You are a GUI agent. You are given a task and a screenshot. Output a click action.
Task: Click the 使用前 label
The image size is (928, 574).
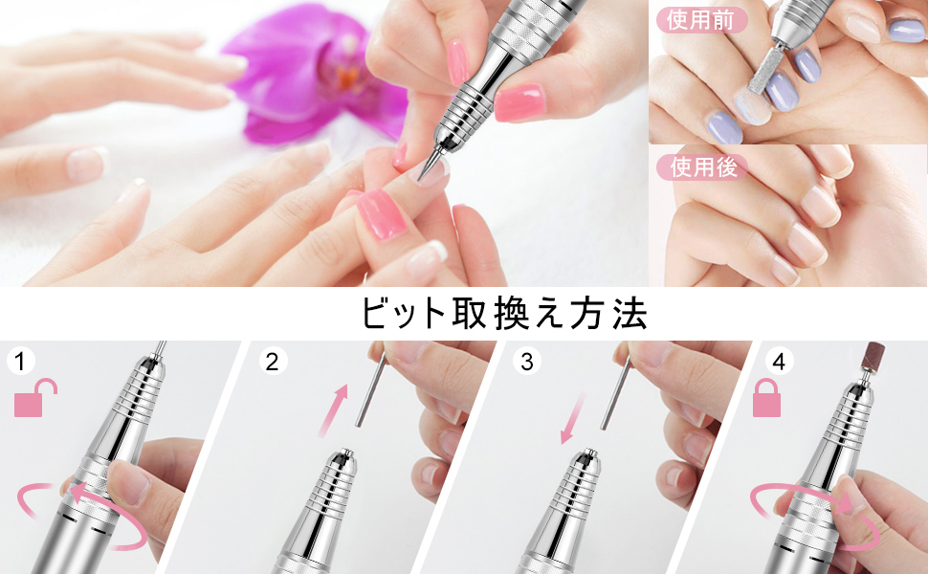point(701,20)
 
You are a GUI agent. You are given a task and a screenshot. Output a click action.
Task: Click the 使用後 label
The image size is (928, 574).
point(702,167)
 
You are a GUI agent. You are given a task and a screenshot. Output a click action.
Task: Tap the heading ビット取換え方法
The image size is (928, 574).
point(503,314)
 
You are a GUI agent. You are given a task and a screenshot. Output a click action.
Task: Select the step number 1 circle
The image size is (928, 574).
point(21,361)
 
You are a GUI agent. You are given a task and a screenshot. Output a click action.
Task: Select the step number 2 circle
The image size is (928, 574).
point(273,361)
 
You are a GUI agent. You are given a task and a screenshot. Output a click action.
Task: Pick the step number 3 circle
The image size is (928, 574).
point(527,361)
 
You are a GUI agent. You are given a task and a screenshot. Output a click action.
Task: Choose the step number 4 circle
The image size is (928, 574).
point(779,361)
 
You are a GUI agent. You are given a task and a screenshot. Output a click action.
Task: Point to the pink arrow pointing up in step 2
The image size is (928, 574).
point(333,410)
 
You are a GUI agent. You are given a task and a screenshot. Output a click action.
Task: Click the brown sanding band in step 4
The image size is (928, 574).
point(873,356)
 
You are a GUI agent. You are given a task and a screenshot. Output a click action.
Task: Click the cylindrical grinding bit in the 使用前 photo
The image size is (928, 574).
point(762,67)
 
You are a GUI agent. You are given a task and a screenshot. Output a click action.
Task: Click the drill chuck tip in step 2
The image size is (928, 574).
point(342,455)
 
